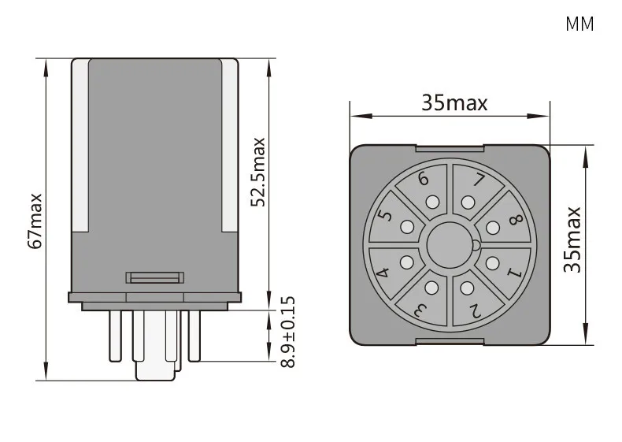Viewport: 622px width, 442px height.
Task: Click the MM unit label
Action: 579,24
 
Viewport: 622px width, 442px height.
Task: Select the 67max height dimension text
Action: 35,221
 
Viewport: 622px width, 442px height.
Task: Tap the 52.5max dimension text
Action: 257,173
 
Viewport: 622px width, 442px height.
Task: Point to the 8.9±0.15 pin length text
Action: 288,332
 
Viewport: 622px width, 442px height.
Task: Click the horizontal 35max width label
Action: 454,103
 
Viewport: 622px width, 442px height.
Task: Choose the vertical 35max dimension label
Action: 572,240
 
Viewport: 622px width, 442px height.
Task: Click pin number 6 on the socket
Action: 424,178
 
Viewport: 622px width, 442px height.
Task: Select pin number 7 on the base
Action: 479,180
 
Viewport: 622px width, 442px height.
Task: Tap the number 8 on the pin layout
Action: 516,220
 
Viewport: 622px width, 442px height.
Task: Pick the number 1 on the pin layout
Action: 514,273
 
